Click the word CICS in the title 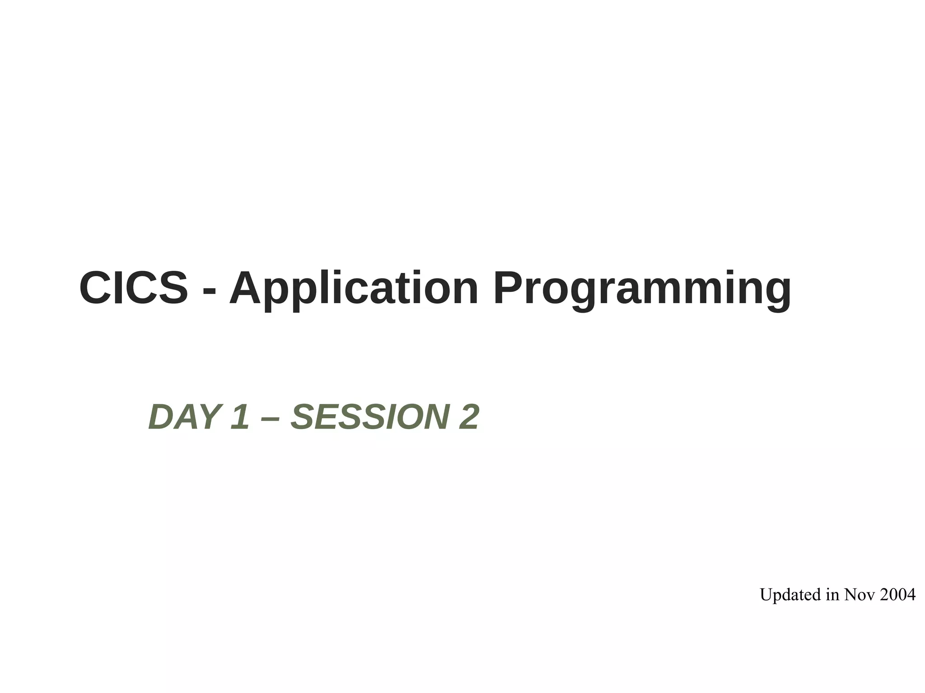pyautogui.click(x=133, y=288)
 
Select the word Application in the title pyautogui.click(x=354, y=289)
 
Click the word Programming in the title pyautogui.click(x=642, y=289)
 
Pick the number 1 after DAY pyautogui.click(x=239, y=417)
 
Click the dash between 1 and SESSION pyautogui.click(x=270, y=418)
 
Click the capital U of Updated pyautogui.click(x=767, y=595)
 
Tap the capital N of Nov pyautogui.click(x=851, y=595)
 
